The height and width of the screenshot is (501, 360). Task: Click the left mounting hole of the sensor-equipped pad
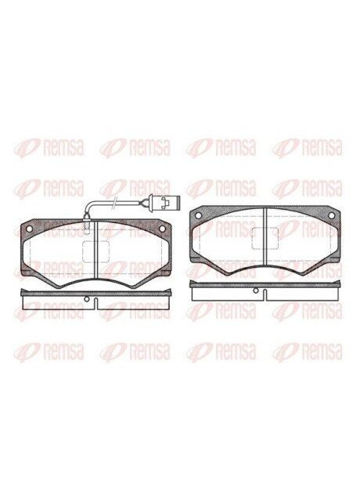(x=29, y=229)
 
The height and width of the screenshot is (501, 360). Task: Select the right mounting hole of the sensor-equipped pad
(x=163, y=229)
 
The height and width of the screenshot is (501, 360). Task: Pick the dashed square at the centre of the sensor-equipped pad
(x=95, y=252)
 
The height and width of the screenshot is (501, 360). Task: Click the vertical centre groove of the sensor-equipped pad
(x=95, y=250)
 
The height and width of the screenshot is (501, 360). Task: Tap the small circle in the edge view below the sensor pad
(x=86, y=299)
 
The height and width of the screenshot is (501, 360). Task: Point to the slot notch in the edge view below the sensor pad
(x=96, y=304)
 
